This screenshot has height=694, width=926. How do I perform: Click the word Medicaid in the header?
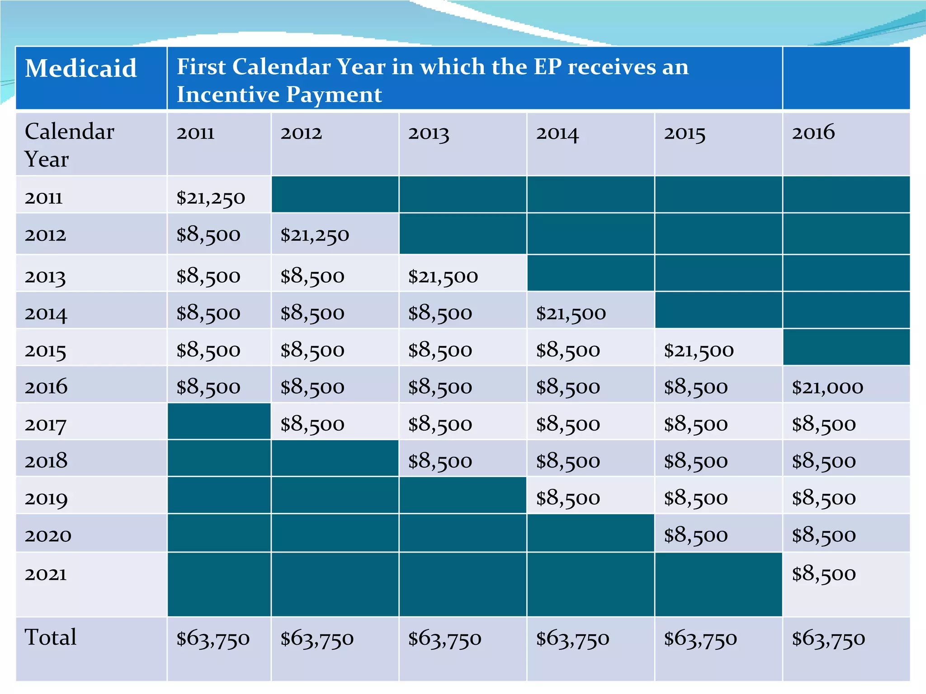point(80,69)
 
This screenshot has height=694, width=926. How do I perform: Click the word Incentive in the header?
point(227,94)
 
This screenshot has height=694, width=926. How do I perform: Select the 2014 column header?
point(557,134)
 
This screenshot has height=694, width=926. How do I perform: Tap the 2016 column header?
point(813,132)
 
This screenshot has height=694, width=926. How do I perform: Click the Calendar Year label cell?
point(69,145)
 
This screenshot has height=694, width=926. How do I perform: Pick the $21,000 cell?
point(827,387)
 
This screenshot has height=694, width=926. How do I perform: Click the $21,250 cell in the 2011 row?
point(211,198)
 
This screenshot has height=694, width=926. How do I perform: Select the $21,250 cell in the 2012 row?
point(315,235)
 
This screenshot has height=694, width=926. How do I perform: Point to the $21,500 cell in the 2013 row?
point(443,277)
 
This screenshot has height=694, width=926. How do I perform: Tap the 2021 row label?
point(46,574)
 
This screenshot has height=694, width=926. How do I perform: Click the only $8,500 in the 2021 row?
point(823,574)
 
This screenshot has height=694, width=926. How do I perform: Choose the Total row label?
point(51,638)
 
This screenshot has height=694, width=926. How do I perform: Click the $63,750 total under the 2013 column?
point(444,639)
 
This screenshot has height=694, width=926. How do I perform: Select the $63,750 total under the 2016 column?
point(828,639)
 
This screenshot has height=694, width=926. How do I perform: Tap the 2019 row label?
point(46,498)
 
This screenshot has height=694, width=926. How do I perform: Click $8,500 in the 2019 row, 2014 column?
point(568,498)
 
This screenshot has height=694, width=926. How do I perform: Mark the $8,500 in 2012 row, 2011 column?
point(208,235)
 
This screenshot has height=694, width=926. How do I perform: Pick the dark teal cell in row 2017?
point(219,422)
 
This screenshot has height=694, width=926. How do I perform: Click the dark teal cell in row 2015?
point(846,347)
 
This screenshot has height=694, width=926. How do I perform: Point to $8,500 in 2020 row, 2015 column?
point(695,535)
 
